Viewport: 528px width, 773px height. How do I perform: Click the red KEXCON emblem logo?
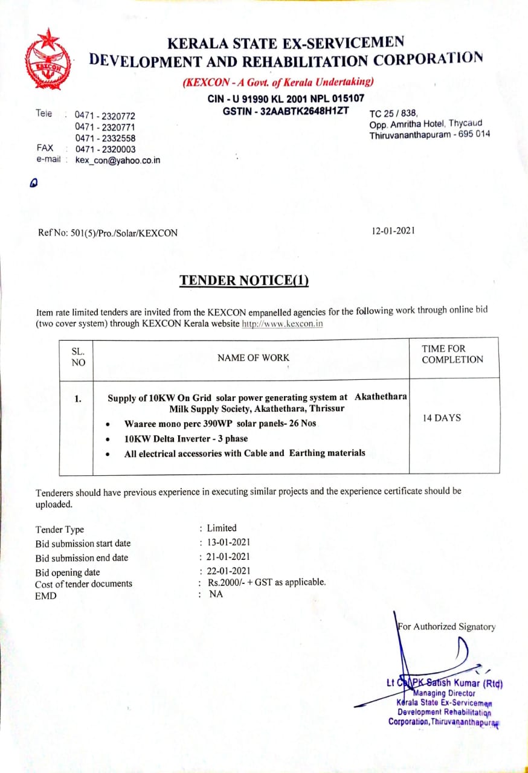click(x=48, y=59)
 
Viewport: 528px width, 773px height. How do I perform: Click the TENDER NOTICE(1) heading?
click(x=244, y=280)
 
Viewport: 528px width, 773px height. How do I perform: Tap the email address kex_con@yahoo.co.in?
click(x=118, y=161)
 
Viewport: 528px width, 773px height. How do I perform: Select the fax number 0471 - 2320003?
click(x=105, y=149)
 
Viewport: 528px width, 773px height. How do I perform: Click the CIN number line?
click(x=286, y=99)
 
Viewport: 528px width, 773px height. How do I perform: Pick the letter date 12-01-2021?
click(x=394, y=230)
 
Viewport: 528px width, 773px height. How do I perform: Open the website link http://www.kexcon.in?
click(x=282, y=324)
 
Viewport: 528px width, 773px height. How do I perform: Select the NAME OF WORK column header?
click(x=253, y=358)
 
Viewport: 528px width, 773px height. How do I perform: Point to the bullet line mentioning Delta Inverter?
click(x=186, y=438)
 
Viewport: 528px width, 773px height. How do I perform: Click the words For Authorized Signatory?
click(x=447, y=627)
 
